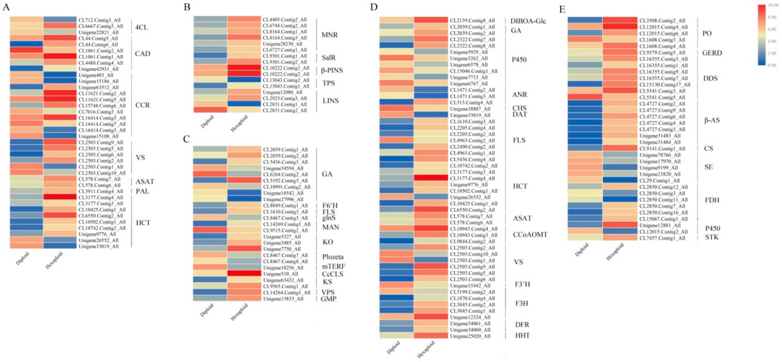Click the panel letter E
(562, 9)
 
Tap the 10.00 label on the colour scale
(773, 5)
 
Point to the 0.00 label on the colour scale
(772, 65)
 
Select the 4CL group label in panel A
(141, 27)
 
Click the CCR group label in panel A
(142, 105)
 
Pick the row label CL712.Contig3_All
(99, 20)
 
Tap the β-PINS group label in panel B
(332, 70)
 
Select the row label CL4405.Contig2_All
(284, 19)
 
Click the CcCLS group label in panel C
(332, 274)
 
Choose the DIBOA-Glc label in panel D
(528, 21)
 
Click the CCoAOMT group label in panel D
(530, 235)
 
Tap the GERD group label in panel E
(712, 53)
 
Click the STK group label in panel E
(712, 237)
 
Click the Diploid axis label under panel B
(207, 122)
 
